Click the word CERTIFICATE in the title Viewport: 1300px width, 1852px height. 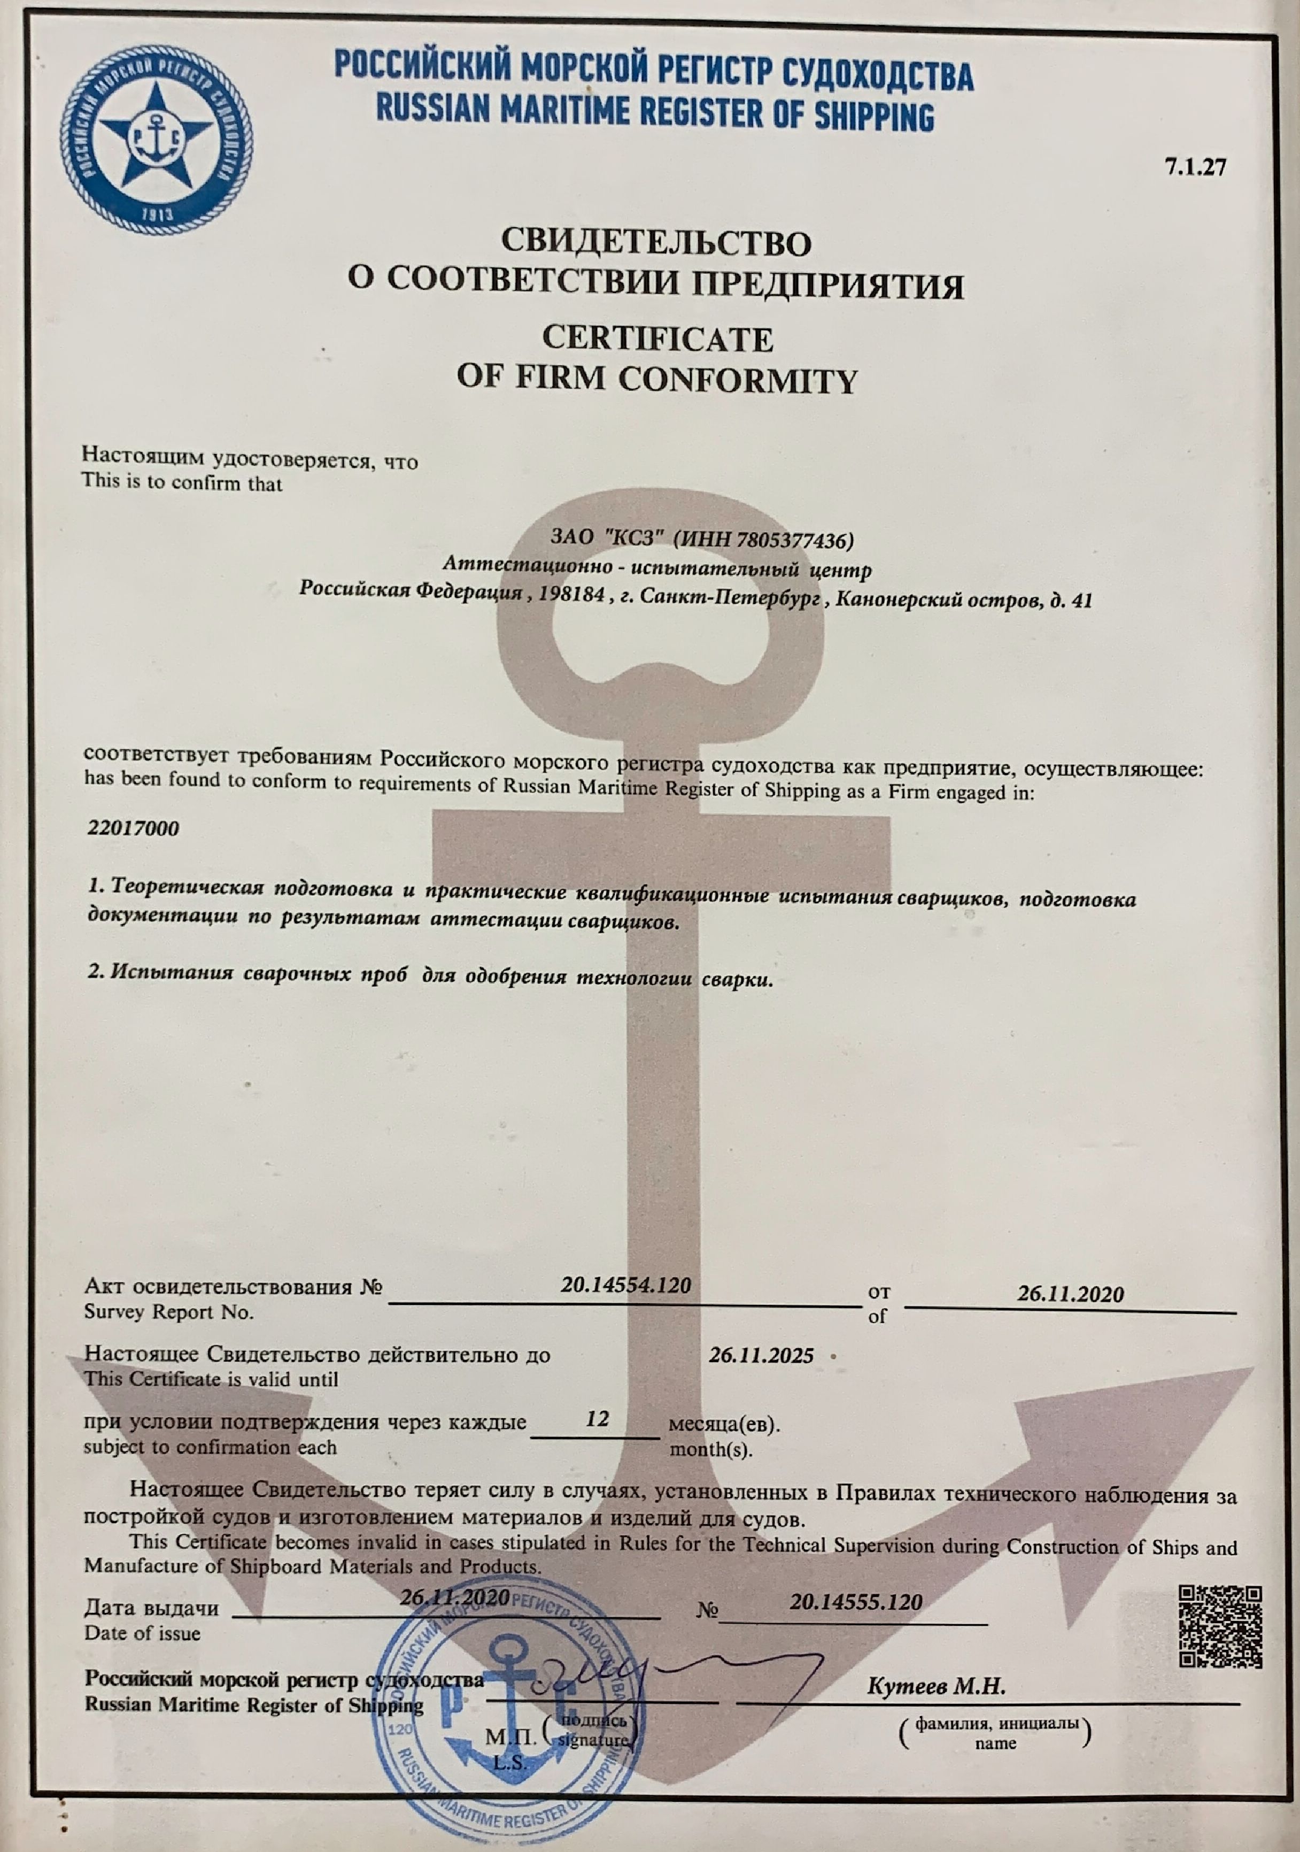click(x=657, y=339)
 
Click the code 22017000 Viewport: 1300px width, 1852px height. click(x=133, y=828)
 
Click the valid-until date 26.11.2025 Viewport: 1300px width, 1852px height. click(x=761, y=1355)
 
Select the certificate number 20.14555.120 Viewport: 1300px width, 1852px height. click(x=856, y=1602)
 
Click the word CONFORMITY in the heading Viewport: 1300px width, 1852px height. click(x=737, y=379)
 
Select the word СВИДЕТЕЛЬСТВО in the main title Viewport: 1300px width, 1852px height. click(x=656, y=241)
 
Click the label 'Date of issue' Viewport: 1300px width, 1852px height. click(x=143, y=1633)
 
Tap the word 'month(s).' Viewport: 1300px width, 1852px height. click(x=711, y=1449)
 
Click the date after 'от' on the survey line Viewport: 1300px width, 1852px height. click(x=1070, y=1294)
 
